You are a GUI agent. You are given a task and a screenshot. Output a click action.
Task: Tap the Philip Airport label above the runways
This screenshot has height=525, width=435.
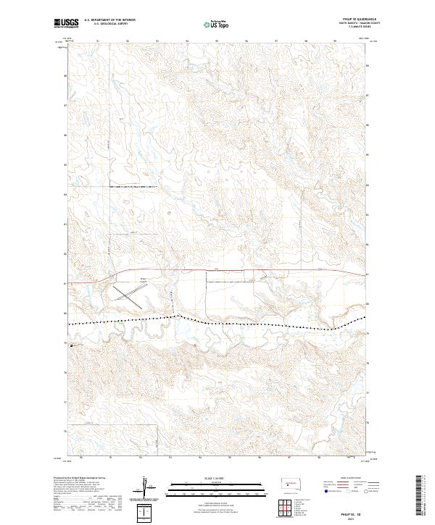coord(143,280)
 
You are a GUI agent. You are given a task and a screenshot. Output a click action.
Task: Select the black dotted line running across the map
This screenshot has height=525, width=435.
coord(254,323)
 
